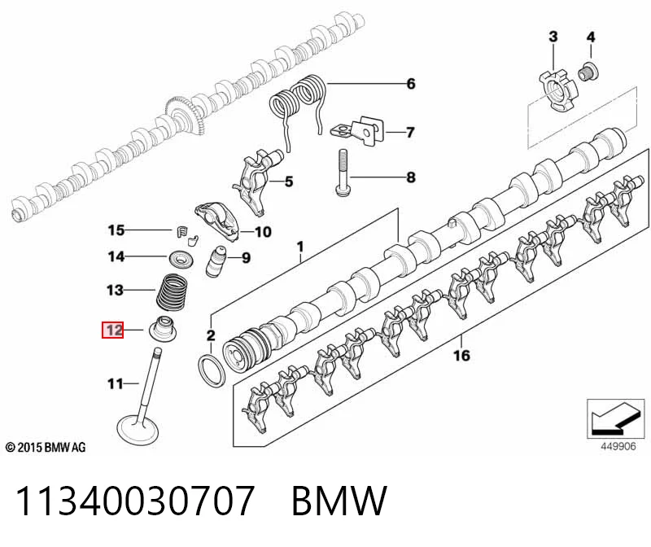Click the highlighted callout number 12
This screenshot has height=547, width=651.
[113, 330]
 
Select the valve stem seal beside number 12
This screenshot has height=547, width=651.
[166, 329]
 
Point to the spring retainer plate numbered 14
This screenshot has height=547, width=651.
[181, 260]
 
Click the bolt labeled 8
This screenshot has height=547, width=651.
[342, 173]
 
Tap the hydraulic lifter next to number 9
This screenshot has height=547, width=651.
[216, 261]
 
